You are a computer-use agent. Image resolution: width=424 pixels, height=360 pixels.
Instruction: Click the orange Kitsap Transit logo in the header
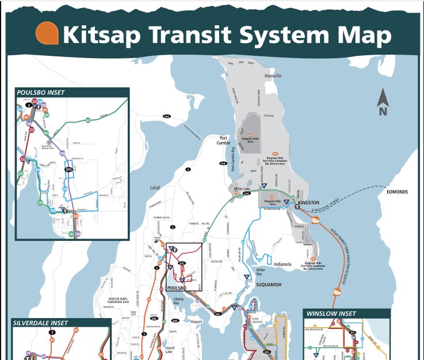pyautogui.click(x=47, y=33)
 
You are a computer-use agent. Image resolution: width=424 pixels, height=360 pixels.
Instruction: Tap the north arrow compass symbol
pyautogui.click(x=383, y=102)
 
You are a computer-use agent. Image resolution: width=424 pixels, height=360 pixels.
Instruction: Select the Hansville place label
pyautogui.click(x=273, y=76)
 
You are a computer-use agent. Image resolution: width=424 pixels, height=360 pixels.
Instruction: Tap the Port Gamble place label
pyautogui.click(x=223, y=141)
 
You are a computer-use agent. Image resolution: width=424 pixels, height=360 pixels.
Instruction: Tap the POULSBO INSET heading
pyautogui.click(x=41, y=92)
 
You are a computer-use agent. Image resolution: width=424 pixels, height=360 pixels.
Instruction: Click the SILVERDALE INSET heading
pyautogui.click(x=40, y=323)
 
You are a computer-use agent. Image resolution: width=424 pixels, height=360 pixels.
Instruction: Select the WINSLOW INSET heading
pyautogui.click(x=331, y=314)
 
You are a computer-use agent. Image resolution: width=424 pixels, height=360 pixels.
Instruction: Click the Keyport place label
pyautogui.click(x=197, y=321)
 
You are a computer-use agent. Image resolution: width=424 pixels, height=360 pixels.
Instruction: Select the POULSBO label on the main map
pyautogui.click(x=176, y=288)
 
